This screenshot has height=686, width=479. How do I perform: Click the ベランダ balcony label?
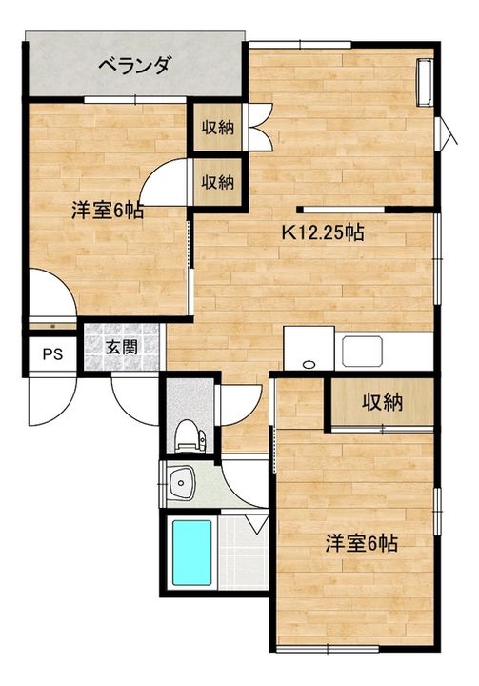pyautogui.click(x=133, y=66)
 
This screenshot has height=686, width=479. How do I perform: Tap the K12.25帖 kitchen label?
pyautogui.click(x=323, y=232)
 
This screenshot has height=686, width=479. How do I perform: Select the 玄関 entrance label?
pyautogui.click(x=122, y=348)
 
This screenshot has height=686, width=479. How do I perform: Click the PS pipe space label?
pyautogui.click(x=52, y=353)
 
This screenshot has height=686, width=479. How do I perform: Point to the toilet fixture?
pyautogui.click(x=190, y=435)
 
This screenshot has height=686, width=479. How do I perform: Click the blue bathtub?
pyautogui.click(x=192, y=552)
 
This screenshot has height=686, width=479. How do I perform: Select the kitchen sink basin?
pyautogui.click(x=362, y=351)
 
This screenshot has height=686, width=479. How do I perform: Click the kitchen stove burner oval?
pyautogui.click(x=309, y=364)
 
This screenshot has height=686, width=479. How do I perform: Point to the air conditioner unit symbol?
pyautogui.click(x=424, y=82)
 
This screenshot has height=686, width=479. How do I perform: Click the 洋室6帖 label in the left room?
pyautogui.click(x=108, y=212)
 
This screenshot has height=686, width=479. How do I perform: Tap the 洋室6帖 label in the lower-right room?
pyautogui.click(x=361, y=543)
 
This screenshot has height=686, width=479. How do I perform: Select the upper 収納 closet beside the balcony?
pyautogui.click(x=217, y=127)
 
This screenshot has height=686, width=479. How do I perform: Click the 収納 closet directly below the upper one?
pyautogui.click(x=217, y=182)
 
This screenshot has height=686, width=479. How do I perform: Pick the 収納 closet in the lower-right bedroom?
pyautogui.click(x=382, y=402)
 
